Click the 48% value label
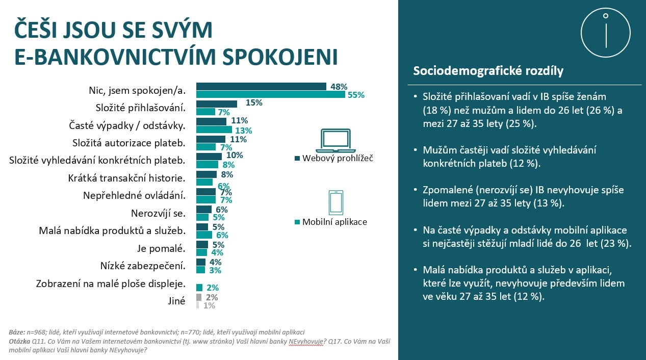click(x=339, y=87)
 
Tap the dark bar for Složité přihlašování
click(x=217, y=104)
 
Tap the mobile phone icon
click(x=335, y=202)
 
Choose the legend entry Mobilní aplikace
click(x=334, y=222)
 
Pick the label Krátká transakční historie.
click(x=126, y=178)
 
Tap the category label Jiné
click(x=176, y=301)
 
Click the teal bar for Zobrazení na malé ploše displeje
click(x=199, y=288)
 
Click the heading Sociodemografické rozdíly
click(x=488, y=71)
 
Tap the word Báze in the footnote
click(x=17, y=332)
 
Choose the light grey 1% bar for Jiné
click(x=197, y=305)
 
